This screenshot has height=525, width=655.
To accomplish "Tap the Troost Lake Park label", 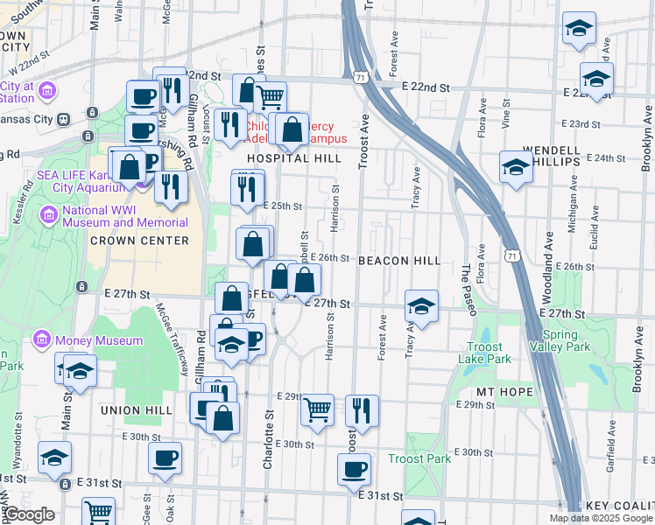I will (483, 353).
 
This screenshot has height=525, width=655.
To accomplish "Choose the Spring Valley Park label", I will (566, 340).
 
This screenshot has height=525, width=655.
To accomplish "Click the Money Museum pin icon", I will (41, 339).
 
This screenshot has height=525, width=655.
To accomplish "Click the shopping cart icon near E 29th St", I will (317, 409).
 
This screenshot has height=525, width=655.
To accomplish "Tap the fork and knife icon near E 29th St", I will (361, 409).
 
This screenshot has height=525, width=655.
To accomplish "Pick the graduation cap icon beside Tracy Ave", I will (421, 306).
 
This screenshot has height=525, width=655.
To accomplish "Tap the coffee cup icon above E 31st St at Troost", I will (355, 467).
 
